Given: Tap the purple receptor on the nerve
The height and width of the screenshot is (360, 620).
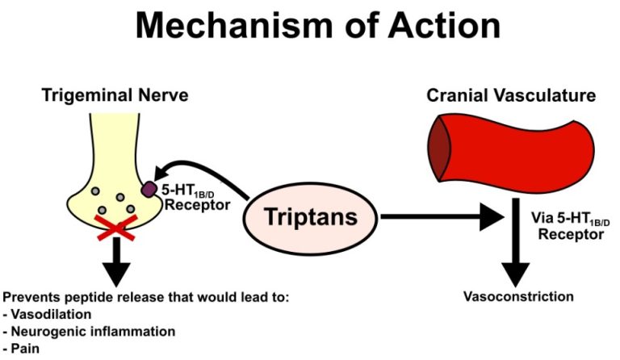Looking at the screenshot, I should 150,190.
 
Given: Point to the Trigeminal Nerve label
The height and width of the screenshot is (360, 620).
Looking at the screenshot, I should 115,95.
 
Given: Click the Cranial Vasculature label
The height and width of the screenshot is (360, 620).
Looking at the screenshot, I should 511,95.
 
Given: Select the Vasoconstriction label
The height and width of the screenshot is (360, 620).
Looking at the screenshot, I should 518,296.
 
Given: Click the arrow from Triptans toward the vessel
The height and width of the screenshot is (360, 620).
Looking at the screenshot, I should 440,216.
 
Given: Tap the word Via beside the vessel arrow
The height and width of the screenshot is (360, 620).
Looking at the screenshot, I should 543,217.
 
